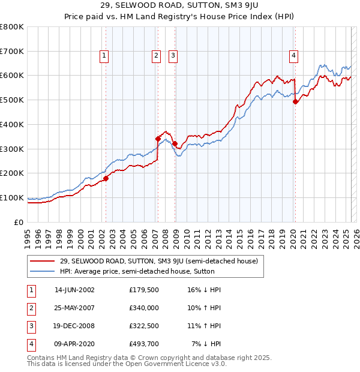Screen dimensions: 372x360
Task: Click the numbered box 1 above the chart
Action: coord(104,56)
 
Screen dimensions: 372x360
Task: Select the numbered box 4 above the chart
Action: coord(294,56)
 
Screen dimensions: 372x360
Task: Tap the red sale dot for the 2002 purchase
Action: coord(106,178)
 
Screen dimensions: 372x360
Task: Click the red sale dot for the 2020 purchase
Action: coord(295,101)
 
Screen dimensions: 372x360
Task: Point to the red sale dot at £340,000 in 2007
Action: coord(158,139)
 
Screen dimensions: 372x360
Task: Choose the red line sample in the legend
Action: coord(43,261)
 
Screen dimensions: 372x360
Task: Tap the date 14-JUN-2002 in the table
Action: coord(74,290)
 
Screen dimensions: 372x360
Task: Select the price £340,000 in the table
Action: coord(144,308)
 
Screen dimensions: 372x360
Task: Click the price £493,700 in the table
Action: coord(144,344)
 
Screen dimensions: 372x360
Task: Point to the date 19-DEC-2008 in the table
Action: coord(74,326)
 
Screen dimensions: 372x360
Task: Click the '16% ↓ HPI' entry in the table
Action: coord(205,290)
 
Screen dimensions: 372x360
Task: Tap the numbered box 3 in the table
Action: coord(30,326)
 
